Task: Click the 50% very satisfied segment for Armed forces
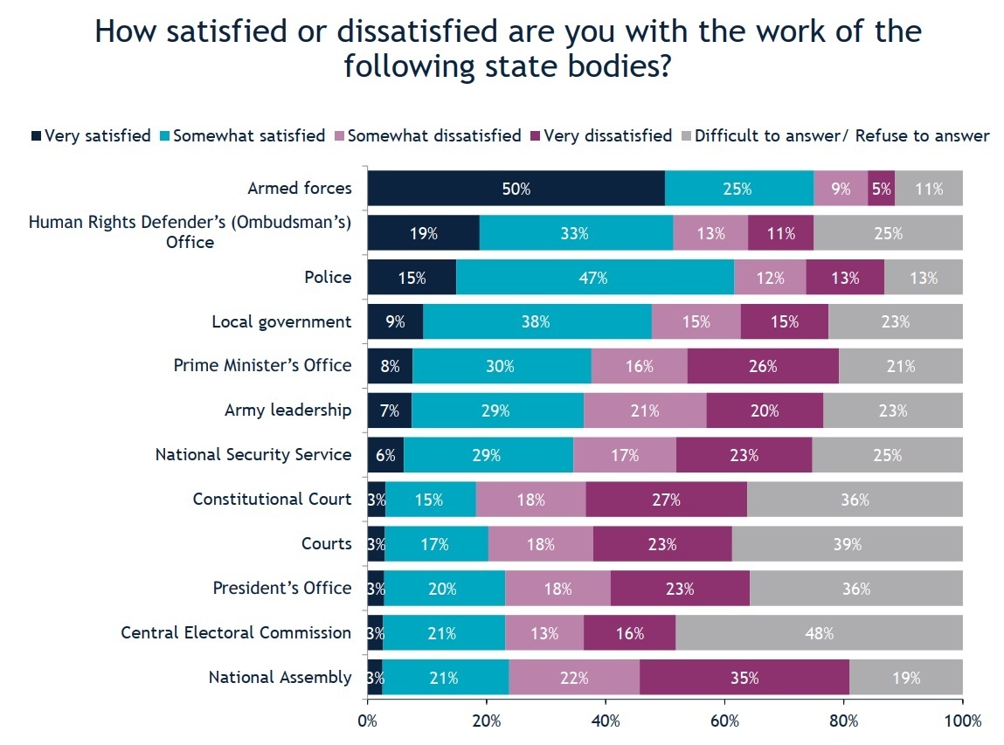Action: [516, 188]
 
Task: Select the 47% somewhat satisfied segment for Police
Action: [595, 278]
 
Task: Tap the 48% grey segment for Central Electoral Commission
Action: [819, 632]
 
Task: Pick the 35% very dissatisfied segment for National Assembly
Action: [744, 677]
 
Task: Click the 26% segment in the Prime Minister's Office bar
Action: [763, 366]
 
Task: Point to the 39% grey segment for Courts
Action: [847, 544]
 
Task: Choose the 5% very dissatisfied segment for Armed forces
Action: [881, 188]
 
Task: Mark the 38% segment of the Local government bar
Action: [537, 321]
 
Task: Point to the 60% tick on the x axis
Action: [724, 721]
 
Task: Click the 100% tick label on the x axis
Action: [962, 721]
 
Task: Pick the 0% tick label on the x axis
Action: [368, 721]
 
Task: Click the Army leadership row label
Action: [287, 410]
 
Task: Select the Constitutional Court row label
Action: [272, 499]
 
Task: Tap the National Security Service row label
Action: [253, 455]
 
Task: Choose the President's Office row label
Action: [281, 588]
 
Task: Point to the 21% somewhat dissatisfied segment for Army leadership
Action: [645, 410]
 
